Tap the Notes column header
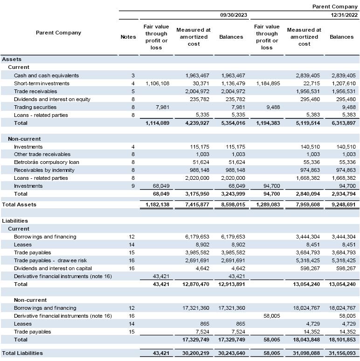tap(128, 37)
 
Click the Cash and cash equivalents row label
tap(46, 75)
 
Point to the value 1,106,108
tap(157, 83)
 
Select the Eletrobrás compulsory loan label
tap(46, 162)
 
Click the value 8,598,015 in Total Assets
tap(232, 204)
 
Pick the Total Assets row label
tap(19, 204)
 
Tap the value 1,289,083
tap(268, 204)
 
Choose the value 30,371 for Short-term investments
tap(200, 83)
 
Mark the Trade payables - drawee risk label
tap(50, 260)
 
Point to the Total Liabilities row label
tap(22, 353)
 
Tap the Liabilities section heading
tap(15, 221)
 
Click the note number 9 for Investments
tap(133, 186)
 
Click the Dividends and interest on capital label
tap(53, 268)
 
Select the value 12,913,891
tap(232, 284)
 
